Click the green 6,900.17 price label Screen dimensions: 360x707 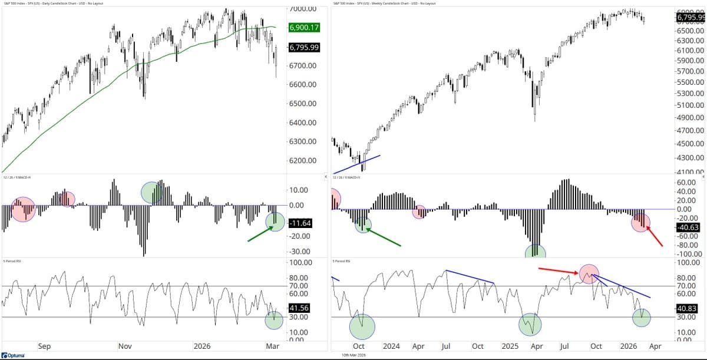point(303,28)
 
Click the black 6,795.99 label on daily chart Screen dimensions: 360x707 point(303,48)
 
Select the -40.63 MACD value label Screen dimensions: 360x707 point(688,227)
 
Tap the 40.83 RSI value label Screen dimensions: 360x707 point(688,308)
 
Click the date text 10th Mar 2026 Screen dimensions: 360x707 point(354,355)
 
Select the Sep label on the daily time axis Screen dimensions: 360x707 point(45,346)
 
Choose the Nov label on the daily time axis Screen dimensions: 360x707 point(125,346)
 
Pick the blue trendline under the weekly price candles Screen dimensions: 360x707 point(357,164)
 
